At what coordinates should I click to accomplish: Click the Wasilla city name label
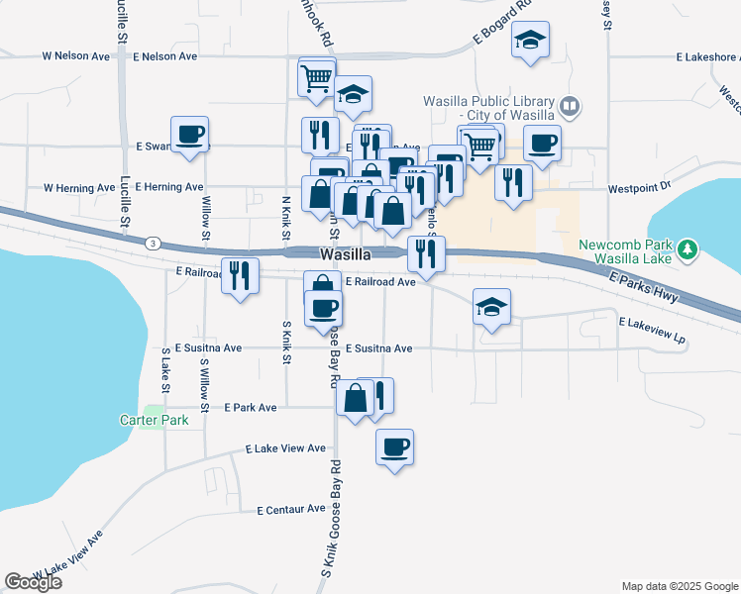point(345,254)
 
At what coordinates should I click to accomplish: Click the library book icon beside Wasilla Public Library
point(570,106)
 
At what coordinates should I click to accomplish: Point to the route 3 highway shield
point(152,243)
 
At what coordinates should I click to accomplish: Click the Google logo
point(33,582)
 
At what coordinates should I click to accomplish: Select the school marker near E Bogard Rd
point(530,40)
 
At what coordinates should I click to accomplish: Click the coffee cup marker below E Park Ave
point(394,446)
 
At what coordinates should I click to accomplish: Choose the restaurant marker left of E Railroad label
point(239,275)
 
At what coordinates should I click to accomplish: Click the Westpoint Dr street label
point(640,186)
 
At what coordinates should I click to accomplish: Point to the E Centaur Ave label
point(290,510)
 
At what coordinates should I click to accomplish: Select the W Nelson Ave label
point(76,56)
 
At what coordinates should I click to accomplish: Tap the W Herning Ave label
point(79,187)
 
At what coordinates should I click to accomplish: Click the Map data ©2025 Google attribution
point(679,586)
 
